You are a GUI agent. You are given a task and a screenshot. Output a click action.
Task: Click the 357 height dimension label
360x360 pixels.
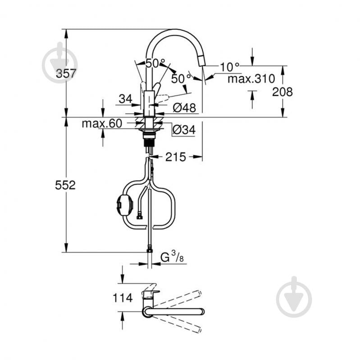66,74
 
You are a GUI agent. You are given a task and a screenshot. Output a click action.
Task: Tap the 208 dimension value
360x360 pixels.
283,92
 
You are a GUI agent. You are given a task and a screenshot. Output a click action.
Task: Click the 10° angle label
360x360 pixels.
230,67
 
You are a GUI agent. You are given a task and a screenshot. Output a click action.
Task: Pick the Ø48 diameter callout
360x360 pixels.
183,108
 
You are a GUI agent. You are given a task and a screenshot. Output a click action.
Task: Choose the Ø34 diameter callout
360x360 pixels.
183,130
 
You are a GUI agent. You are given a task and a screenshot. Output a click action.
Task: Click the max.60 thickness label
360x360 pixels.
102,123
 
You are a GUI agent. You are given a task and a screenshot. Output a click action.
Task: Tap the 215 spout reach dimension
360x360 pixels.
175,157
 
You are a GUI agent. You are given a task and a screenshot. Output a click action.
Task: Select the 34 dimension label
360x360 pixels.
126,98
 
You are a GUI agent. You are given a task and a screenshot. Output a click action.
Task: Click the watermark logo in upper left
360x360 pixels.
60,63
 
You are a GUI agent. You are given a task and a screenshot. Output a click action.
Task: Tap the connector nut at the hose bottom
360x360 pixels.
149,248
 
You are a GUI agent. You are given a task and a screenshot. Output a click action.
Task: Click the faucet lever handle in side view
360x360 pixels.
156,87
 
